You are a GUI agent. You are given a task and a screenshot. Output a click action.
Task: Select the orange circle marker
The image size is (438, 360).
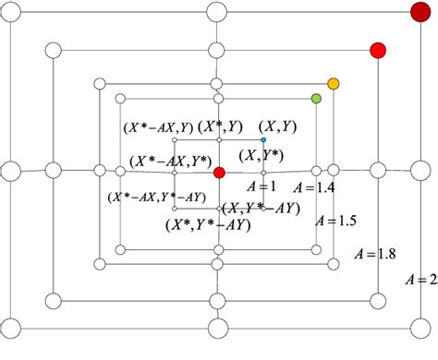(x=334, y=84)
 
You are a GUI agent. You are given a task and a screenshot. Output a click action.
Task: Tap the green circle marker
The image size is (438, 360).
(x=316, y=98)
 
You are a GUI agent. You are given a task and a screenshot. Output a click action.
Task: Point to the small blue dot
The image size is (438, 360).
(x=263, y=139)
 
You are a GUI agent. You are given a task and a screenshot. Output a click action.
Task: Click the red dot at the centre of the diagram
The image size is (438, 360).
(x=219, y=172)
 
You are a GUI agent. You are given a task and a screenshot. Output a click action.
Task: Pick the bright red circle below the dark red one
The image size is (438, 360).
(x=377, y=49)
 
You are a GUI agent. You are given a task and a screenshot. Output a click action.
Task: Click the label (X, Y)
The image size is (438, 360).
(x=276, y=125)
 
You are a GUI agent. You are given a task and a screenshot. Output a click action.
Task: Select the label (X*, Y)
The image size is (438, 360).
(x=223, y=126)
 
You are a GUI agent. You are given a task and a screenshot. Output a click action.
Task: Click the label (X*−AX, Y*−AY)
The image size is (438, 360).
(x=155, y=196)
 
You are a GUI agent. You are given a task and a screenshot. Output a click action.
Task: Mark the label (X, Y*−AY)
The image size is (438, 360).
(x=265, y=208)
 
